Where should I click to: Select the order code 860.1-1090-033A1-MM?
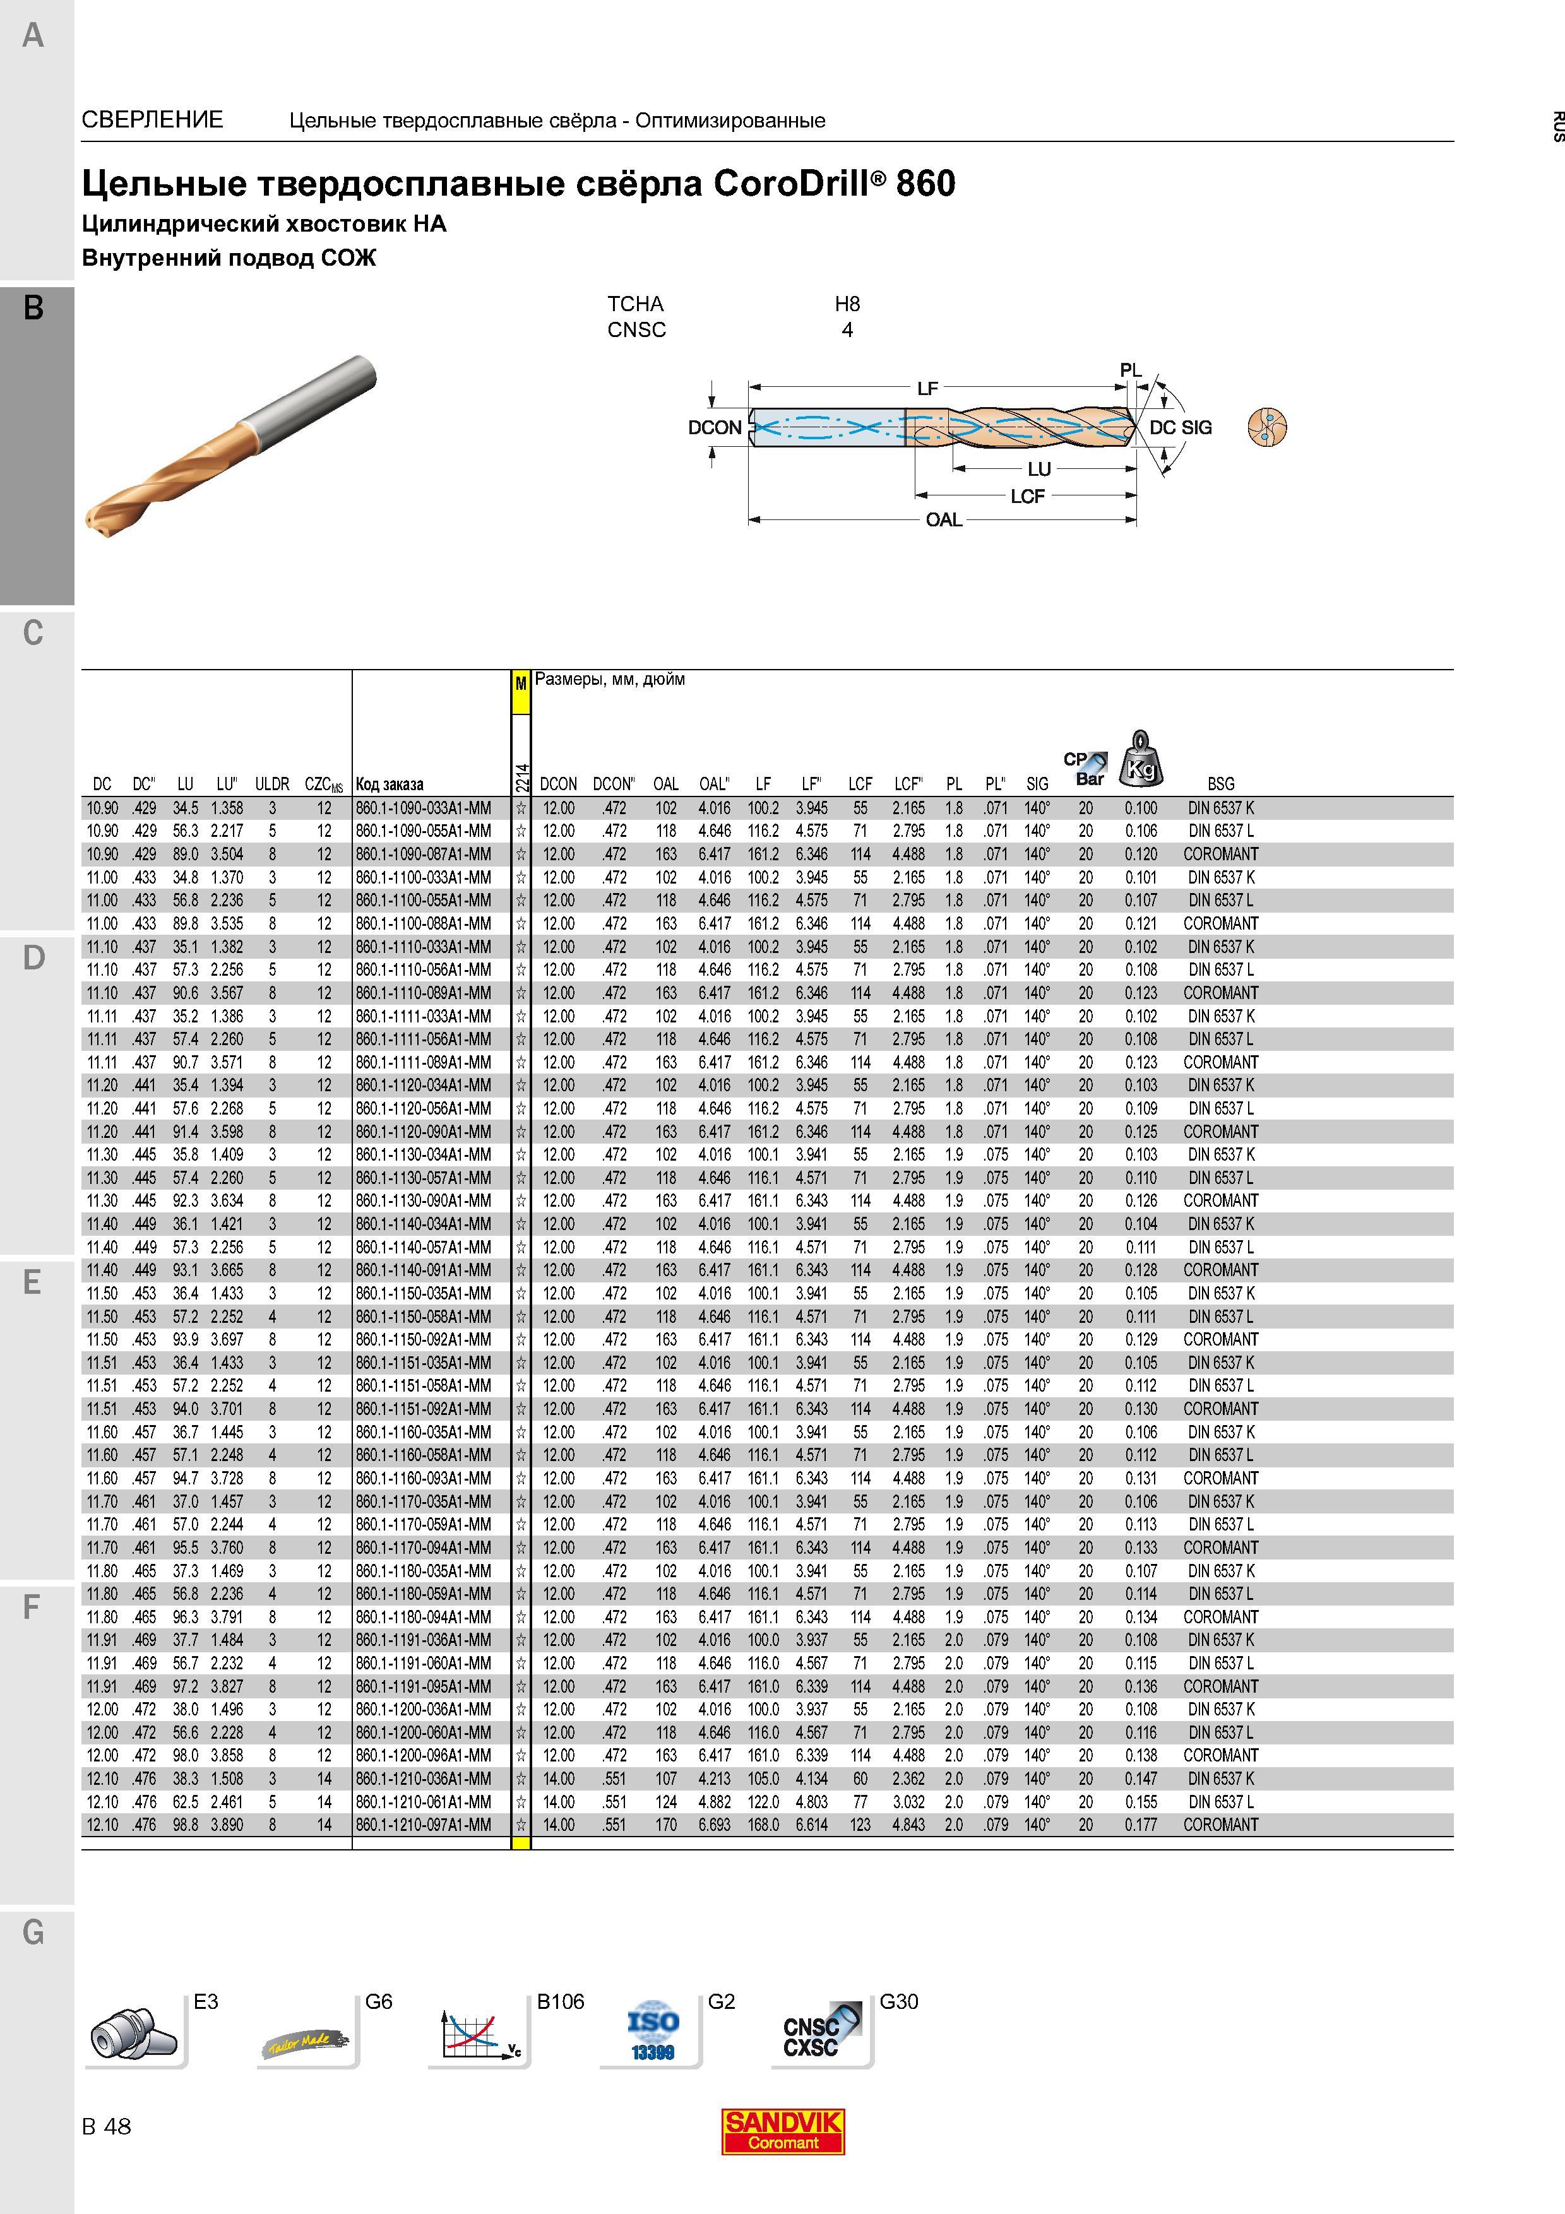pos(424,808)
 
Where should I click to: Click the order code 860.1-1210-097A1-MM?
pos(424,1825)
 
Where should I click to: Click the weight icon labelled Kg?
pos(1141,759)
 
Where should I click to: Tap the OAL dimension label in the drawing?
pos(943,520)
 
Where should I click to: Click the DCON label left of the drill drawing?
pos(715,427)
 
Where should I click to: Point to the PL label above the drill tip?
pos(1130,370)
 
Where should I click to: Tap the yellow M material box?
pos(521,684)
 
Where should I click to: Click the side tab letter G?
pos(33,1933)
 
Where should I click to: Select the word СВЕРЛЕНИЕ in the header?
pos(152,119)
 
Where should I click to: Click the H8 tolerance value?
pos(847,304)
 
